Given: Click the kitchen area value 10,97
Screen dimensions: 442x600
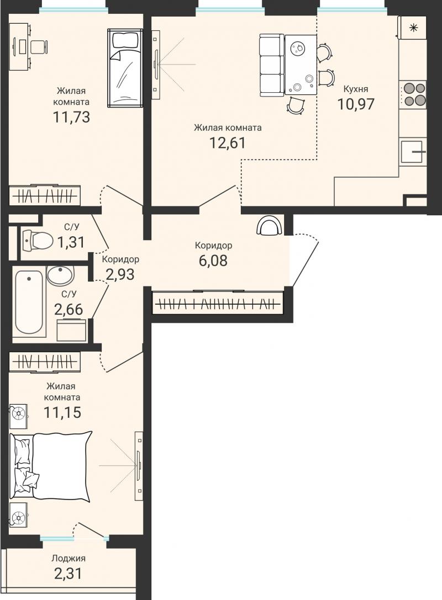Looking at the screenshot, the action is [355, 104].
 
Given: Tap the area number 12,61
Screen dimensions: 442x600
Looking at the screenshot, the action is [227, 143].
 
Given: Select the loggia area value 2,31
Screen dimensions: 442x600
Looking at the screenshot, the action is [68, 574].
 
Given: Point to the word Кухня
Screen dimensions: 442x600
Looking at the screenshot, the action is [356, 89].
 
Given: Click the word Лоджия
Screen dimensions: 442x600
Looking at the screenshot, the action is [68, 558].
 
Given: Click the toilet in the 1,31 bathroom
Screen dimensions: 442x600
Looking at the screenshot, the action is [38, 240].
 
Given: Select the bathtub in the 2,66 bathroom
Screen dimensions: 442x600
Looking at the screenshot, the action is [29, 302].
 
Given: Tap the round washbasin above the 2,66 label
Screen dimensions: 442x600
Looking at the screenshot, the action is [61, 275].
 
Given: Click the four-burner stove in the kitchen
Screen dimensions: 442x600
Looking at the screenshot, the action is [413, 94].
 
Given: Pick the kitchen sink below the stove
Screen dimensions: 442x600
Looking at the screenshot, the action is [413, 152].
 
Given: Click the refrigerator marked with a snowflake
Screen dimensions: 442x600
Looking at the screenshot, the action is [413, 28].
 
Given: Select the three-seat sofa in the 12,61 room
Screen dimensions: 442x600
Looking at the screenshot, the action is [272, 65].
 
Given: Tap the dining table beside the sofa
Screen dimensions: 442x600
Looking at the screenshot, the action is [301, 64].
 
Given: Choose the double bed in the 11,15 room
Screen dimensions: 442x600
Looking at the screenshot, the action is [51, 466].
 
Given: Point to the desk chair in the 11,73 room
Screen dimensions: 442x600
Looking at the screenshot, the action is [38, 46].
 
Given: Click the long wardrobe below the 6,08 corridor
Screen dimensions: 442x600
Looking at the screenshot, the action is [218, 303].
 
